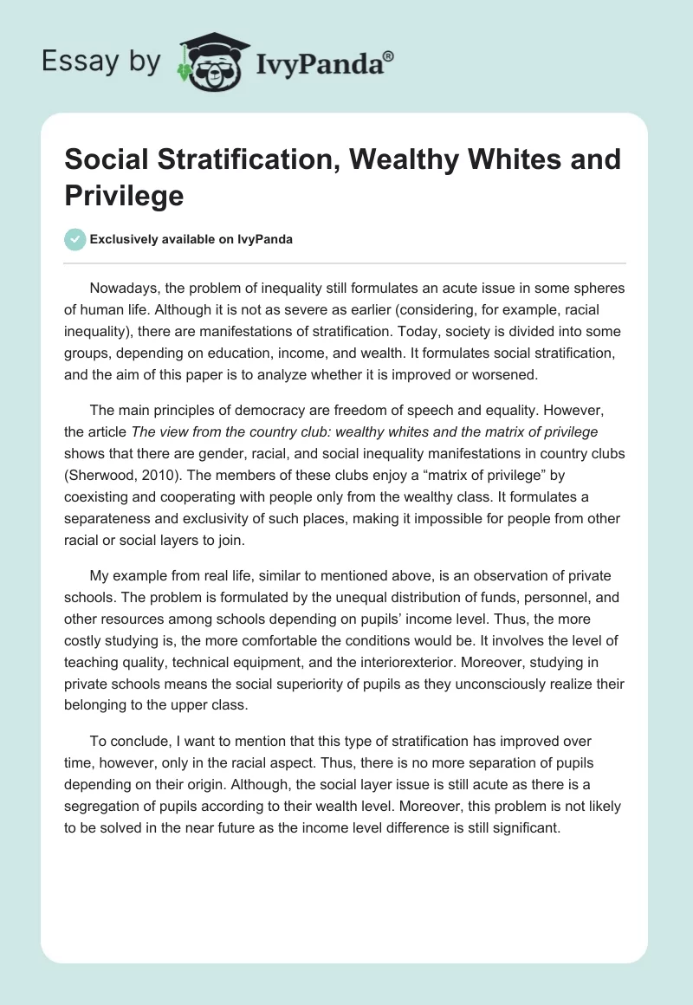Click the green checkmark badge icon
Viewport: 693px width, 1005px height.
coord(76,239)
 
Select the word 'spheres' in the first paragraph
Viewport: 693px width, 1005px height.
coord(599,289)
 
